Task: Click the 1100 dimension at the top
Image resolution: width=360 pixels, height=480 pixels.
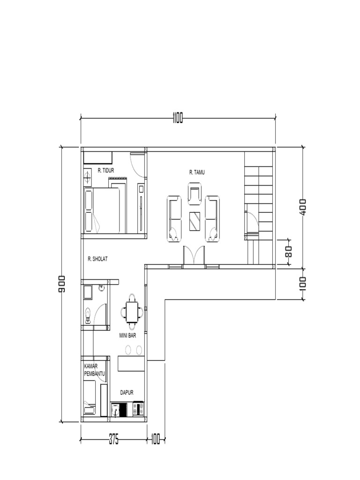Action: click(x=177, y=119)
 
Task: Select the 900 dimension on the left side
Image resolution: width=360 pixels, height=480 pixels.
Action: click(x=61, y=284)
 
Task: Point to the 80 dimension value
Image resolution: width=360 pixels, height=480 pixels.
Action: click(x=288, y=251)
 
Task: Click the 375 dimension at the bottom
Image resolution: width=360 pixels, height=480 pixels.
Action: click(x=113, y=440)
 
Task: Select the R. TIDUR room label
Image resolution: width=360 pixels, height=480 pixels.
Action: click(x=106, y=171)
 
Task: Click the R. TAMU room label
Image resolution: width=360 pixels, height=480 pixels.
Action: click(x=197, y=172)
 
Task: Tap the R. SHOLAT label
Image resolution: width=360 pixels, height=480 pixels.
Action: click(x=97, y=258)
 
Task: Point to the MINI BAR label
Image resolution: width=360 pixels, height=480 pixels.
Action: click(x=127, y=336)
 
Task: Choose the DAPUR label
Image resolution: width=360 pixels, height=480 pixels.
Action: click(x=127, y=393)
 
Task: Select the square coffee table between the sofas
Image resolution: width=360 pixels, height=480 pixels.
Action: click(x=195, y=221)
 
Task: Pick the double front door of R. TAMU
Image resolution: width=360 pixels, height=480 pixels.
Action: click(x=194, y=256)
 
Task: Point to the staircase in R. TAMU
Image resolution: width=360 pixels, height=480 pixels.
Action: click(x=258, y=197)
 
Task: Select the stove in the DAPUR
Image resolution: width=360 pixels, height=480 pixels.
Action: click(x=137, y=409)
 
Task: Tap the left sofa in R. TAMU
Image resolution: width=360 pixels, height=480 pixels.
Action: click(x=174, y=219)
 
